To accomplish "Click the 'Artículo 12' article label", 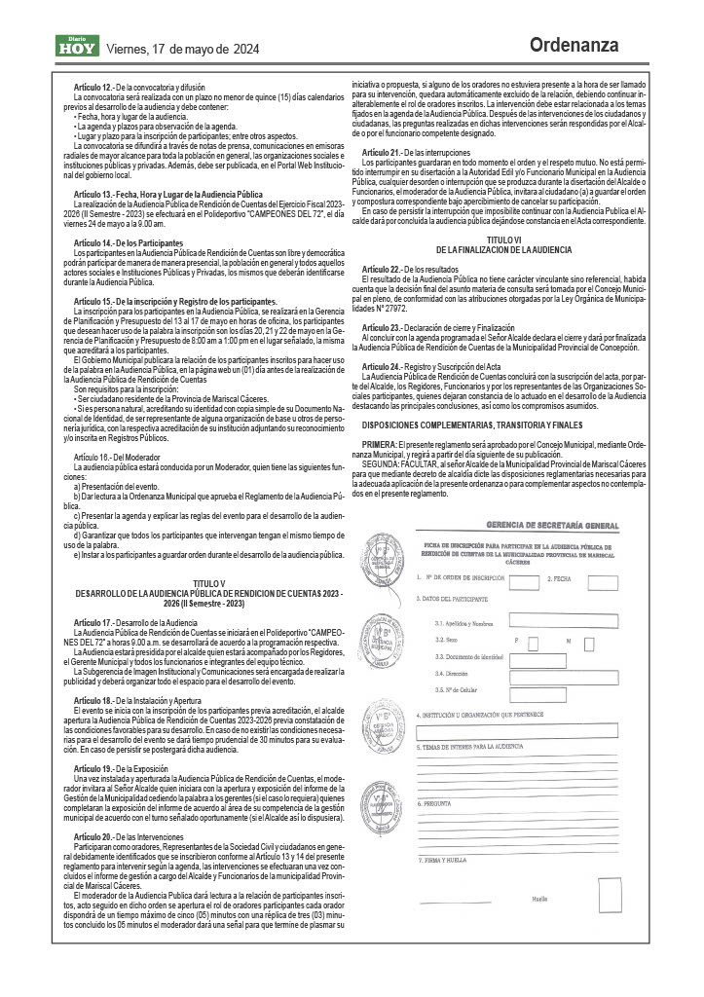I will tap(93, 87).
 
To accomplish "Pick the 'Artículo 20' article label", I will tap(93, 836).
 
